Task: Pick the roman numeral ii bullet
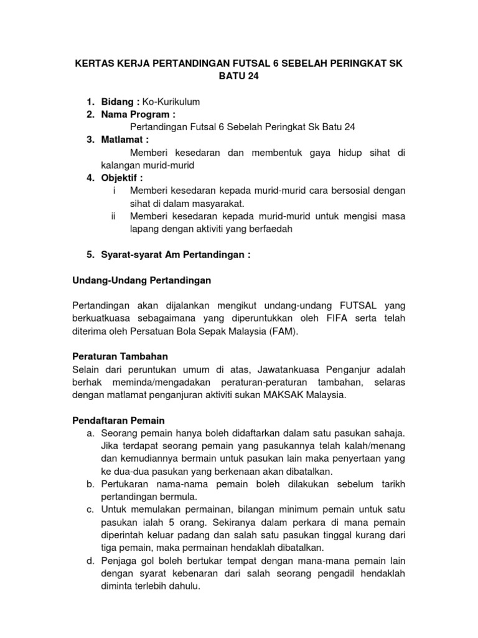pos(113,216)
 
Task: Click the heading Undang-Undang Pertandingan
pos(142,280)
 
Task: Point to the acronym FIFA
pos(332,319)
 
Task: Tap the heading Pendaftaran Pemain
pos(118,421)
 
